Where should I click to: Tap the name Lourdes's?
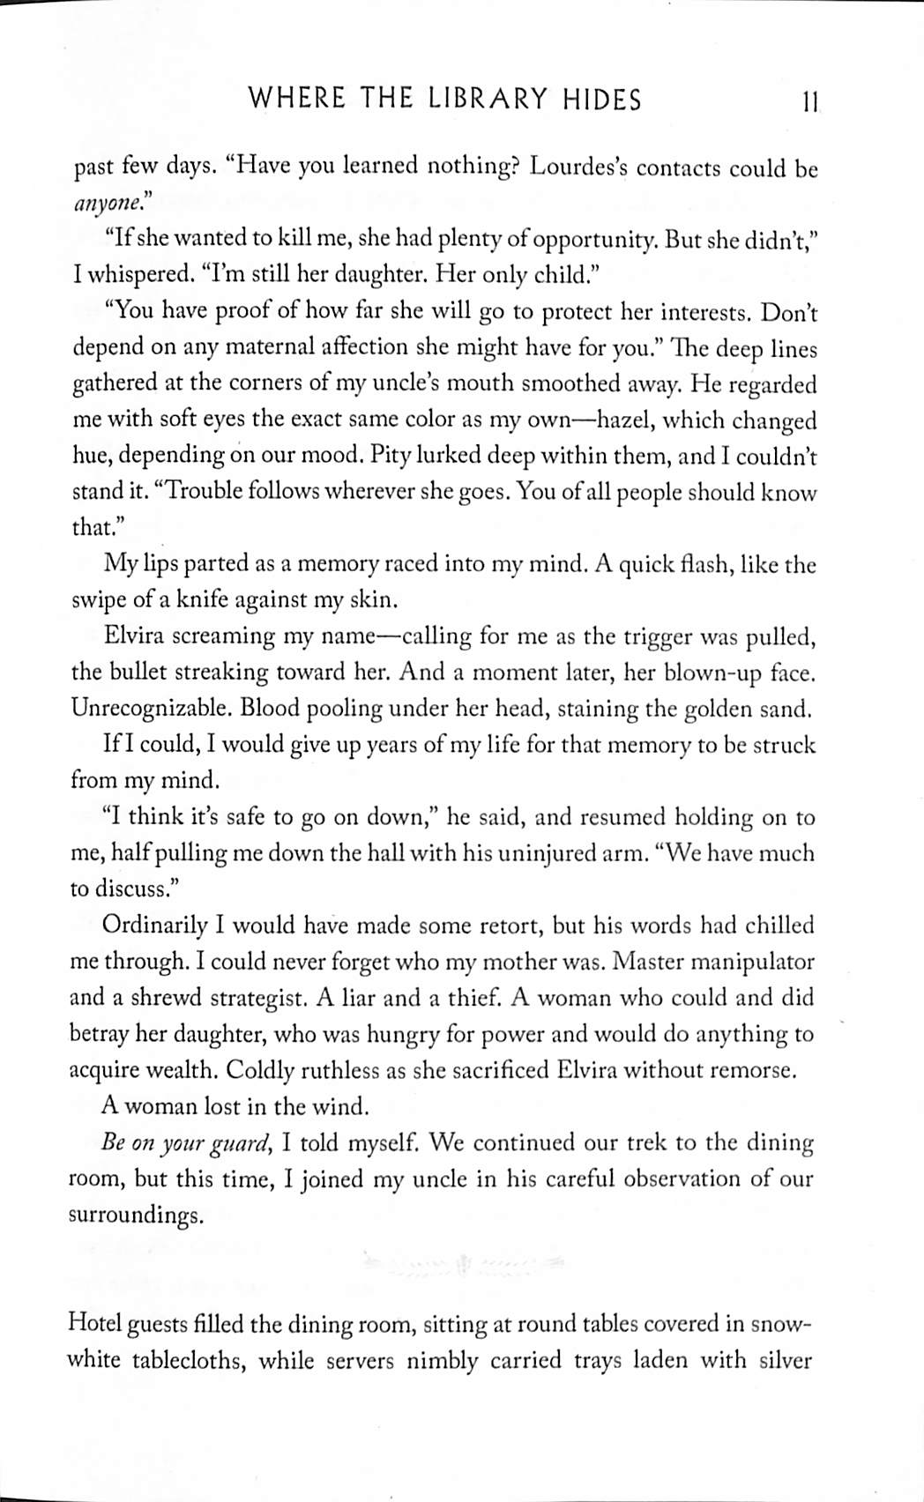click(577, 167)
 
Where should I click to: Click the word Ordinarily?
click(154, 926)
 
